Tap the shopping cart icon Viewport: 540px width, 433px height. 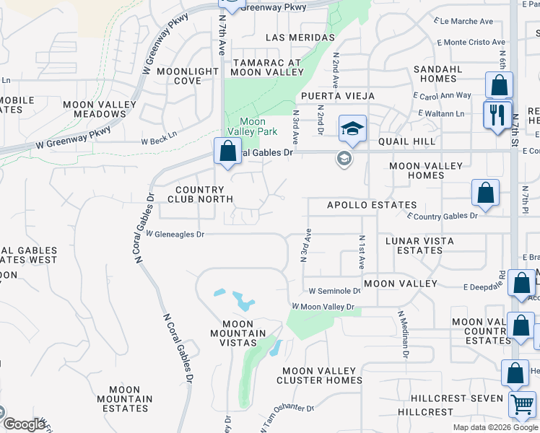click(521, 403)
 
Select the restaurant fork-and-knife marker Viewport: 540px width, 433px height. click(497, 114)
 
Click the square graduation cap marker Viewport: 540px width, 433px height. click(352, 129)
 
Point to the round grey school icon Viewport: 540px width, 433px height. click(344, 159)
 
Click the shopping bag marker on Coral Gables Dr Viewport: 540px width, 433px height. click(228, 152)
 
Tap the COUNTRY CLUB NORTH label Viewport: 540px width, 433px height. click(200, 193)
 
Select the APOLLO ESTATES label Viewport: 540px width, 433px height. click(372, 205)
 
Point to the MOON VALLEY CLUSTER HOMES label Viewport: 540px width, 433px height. click(319, 375)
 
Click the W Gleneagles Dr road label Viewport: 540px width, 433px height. click(175, 234)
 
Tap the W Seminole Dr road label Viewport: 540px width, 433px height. click(334, 291)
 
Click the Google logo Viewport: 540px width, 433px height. click(23, 424)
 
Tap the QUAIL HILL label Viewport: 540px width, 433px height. click(411, 141)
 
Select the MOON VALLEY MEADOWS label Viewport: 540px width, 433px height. click(100, 109)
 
